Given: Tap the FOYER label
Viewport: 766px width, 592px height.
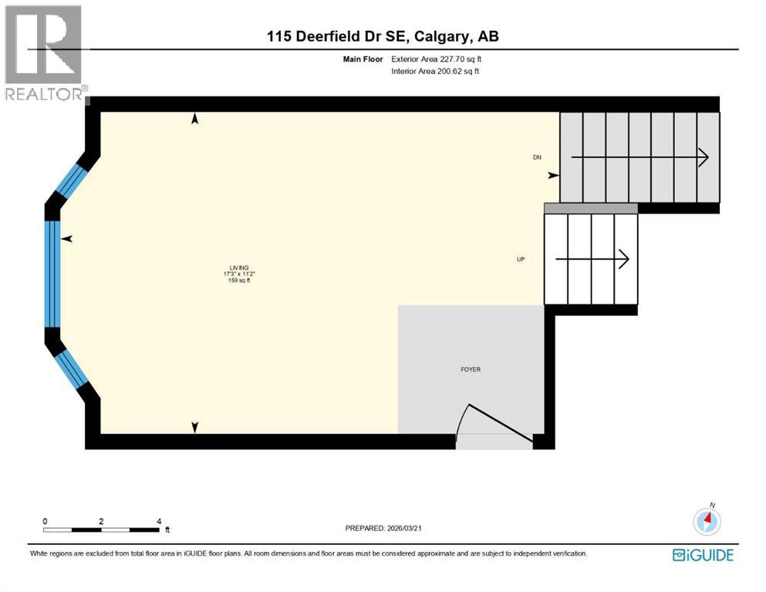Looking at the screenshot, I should click(470, 370).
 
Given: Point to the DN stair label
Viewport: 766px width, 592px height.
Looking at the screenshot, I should click(537, 157).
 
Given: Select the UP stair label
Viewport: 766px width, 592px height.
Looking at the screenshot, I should click(521, 260).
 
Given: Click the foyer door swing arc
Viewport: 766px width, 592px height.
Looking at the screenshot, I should click(461, 420).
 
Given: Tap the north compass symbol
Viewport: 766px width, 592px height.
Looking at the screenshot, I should click(707, 521).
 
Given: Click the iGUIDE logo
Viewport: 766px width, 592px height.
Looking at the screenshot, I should click(703, 555).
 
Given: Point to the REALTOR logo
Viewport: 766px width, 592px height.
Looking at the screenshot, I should click(44, 54).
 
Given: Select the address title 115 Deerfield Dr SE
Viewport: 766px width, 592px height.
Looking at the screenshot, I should click(383, 36).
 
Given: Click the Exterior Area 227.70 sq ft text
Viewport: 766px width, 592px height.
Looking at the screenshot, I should click(437, 59).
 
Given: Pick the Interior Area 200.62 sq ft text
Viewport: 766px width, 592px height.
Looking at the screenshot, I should click(437, 72).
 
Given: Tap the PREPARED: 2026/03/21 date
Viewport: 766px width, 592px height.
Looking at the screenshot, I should click(383, 529).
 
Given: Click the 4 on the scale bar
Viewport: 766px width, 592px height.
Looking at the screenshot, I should click(158, 521).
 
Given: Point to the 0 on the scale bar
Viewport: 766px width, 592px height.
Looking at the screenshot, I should click(45, 521).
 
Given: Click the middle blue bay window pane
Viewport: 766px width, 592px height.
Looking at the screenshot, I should click(52, 274).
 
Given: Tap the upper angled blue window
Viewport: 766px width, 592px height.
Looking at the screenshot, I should click(72, 179).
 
